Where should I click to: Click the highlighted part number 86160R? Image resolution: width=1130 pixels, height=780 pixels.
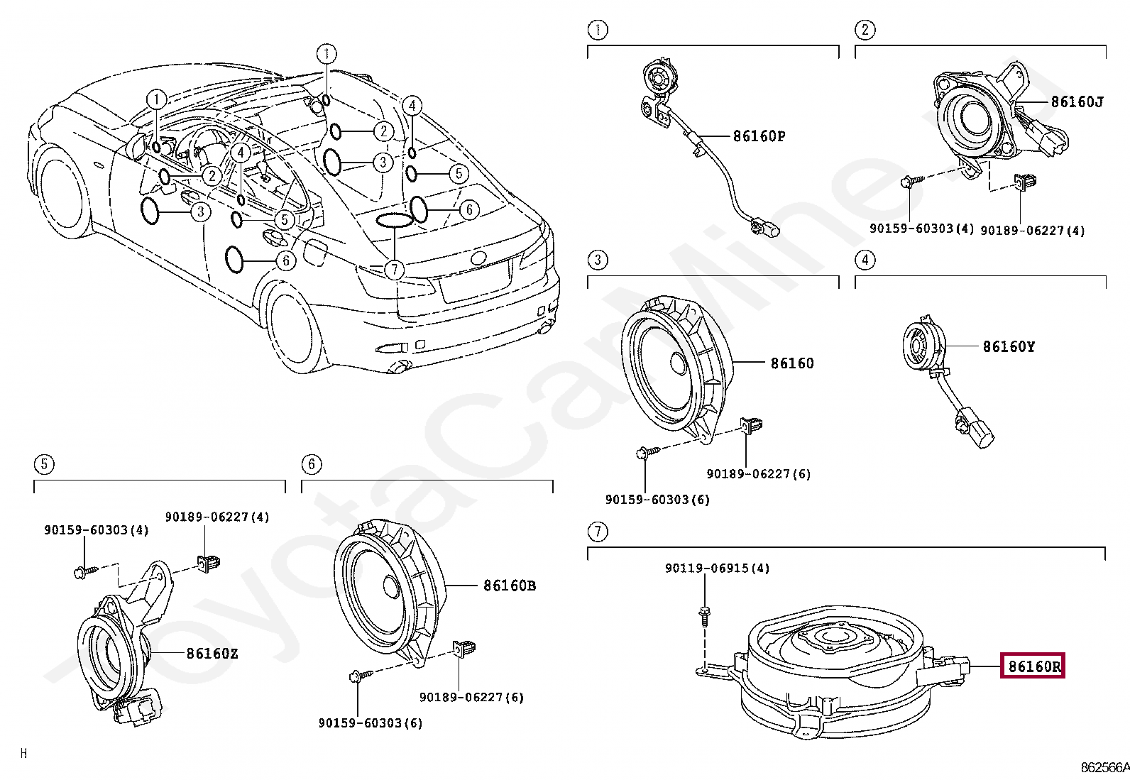click(1033, 666)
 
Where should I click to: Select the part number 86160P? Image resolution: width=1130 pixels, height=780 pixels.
click(759, 136)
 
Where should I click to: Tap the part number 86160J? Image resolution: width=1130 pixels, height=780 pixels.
click(1077, 102)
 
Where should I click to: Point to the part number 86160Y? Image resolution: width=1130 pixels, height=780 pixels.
click(1009, 346)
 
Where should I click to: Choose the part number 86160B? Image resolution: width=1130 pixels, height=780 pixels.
click(510, 586)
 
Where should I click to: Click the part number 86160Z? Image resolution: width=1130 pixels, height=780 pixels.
click(212, 654)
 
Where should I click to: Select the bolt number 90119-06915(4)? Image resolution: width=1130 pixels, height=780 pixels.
click(718, 568)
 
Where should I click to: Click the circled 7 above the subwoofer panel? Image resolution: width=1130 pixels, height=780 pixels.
click(598, 532)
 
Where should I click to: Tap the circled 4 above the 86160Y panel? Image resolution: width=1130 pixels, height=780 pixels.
click(865, 260)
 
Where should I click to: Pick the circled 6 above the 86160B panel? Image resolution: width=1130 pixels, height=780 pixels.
click(312, 464)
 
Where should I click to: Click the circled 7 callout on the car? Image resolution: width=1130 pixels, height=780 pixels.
click(395, 270)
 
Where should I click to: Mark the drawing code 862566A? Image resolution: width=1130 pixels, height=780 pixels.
click(1104, 767)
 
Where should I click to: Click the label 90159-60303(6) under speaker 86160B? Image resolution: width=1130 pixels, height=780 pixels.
click(371, 723)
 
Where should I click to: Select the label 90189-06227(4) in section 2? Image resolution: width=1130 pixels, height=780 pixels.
click(1032, 231)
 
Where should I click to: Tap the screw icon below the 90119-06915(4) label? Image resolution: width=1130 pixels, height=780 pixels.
click(703, 617)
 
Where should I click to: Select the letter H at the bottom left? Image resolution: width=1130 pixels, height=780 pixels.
click(23, 754)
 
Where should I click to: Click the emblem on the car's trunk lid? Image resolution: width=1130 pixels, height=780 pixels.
click(478, 258)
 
